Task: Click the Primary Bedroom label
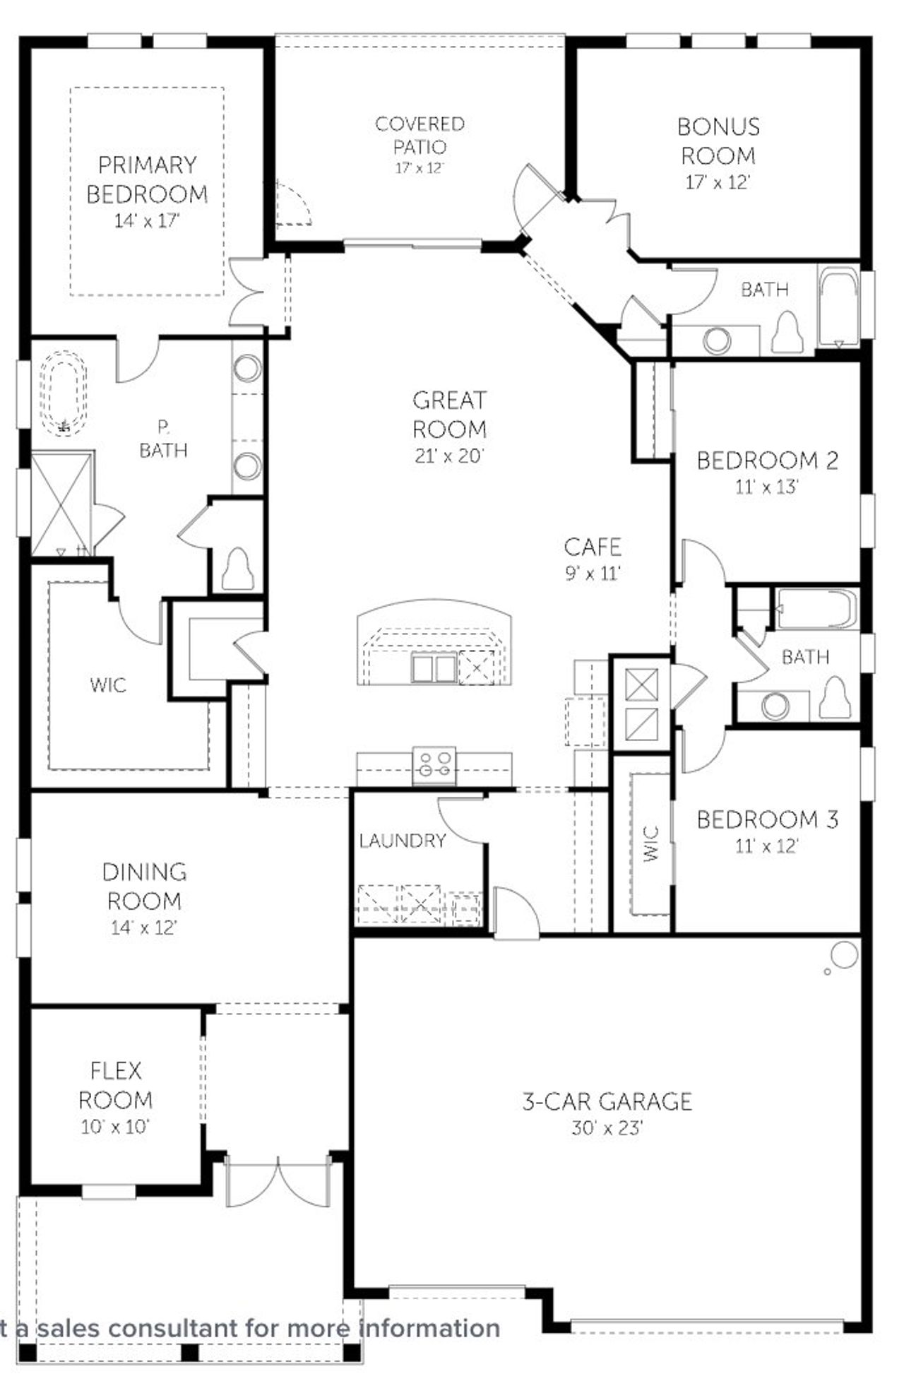pos(147,179)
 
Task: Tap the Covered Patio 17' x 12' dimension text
pos(420,169)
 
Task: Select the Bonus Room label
pos(718,141)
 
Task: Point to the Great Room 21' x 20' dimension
pos(449,456)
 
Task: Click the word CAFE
pos(593,547)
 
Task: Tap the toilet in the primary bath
pos(238,569)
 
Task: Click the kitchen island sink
pos(434,668)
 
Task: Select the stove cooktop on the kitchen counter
pos(434,765)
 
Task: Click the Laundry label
pos(403,841)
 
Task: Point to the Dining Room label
pos(144,887)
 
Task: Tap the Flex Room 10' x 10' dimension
pos(115,1127)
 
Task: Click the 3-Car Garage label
pos(607,1101)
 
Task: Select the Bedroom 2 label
pos(768,461)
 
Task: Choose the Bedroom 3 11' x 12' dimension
pos(767,846)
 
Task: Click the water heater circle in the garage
pos(845,955)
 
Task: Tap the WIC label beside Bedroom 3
pos(651,843)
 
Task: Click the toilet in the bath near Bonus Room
pos(787,331)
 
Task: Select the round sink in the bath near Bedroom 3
pos(775,706)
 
